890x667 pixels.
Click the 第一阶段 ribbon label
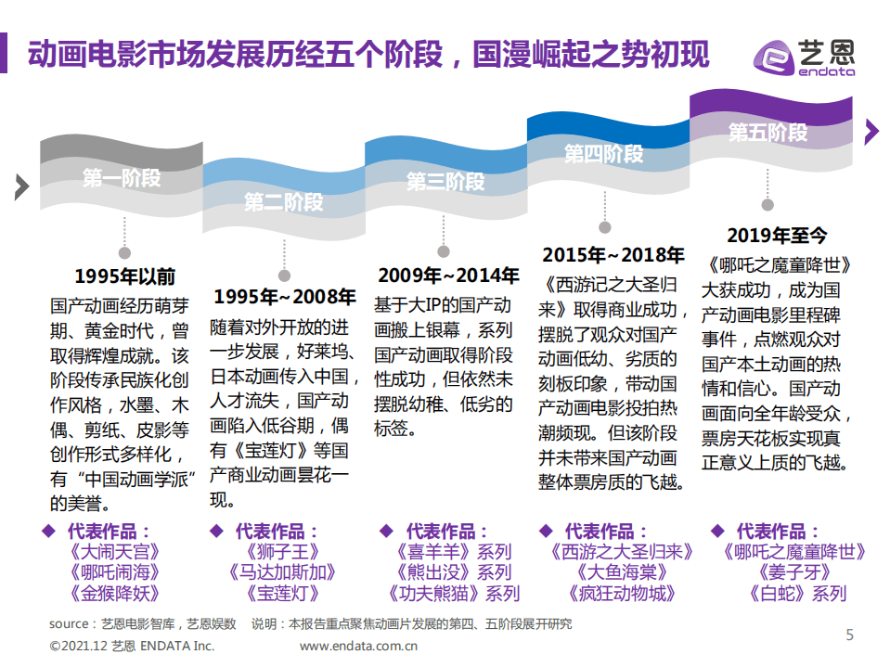pyautogui.click(x=122, y=178)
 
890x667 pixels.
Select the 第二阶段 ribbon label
pyautogui.click(x=284, y=201)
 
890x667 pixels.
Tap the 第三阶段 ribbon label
pyautogui.click(x=445, y=181)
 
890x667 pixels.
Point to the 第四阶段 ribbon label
pyautogui.click(x=604, y=153)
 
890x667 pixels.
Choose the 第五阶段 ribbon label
pyautogui.click(x=767, y=132)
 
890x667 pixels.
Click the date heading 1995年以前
pyautogui.click(x=124, y=276)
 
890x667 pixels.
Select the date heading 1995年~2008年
pyautogui.click(x=285, y=297)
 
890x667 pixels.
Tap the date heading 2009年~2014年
pyautogui.click(x=448, y=276)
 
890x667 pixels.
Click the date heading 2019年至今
pyautogui.click(x=777, y=236)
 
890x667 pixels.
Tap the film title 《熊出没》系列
pyautogui.click(x=452, y=572)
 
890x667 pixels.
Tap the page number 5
pyautogui.click(x=849, y=635)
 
